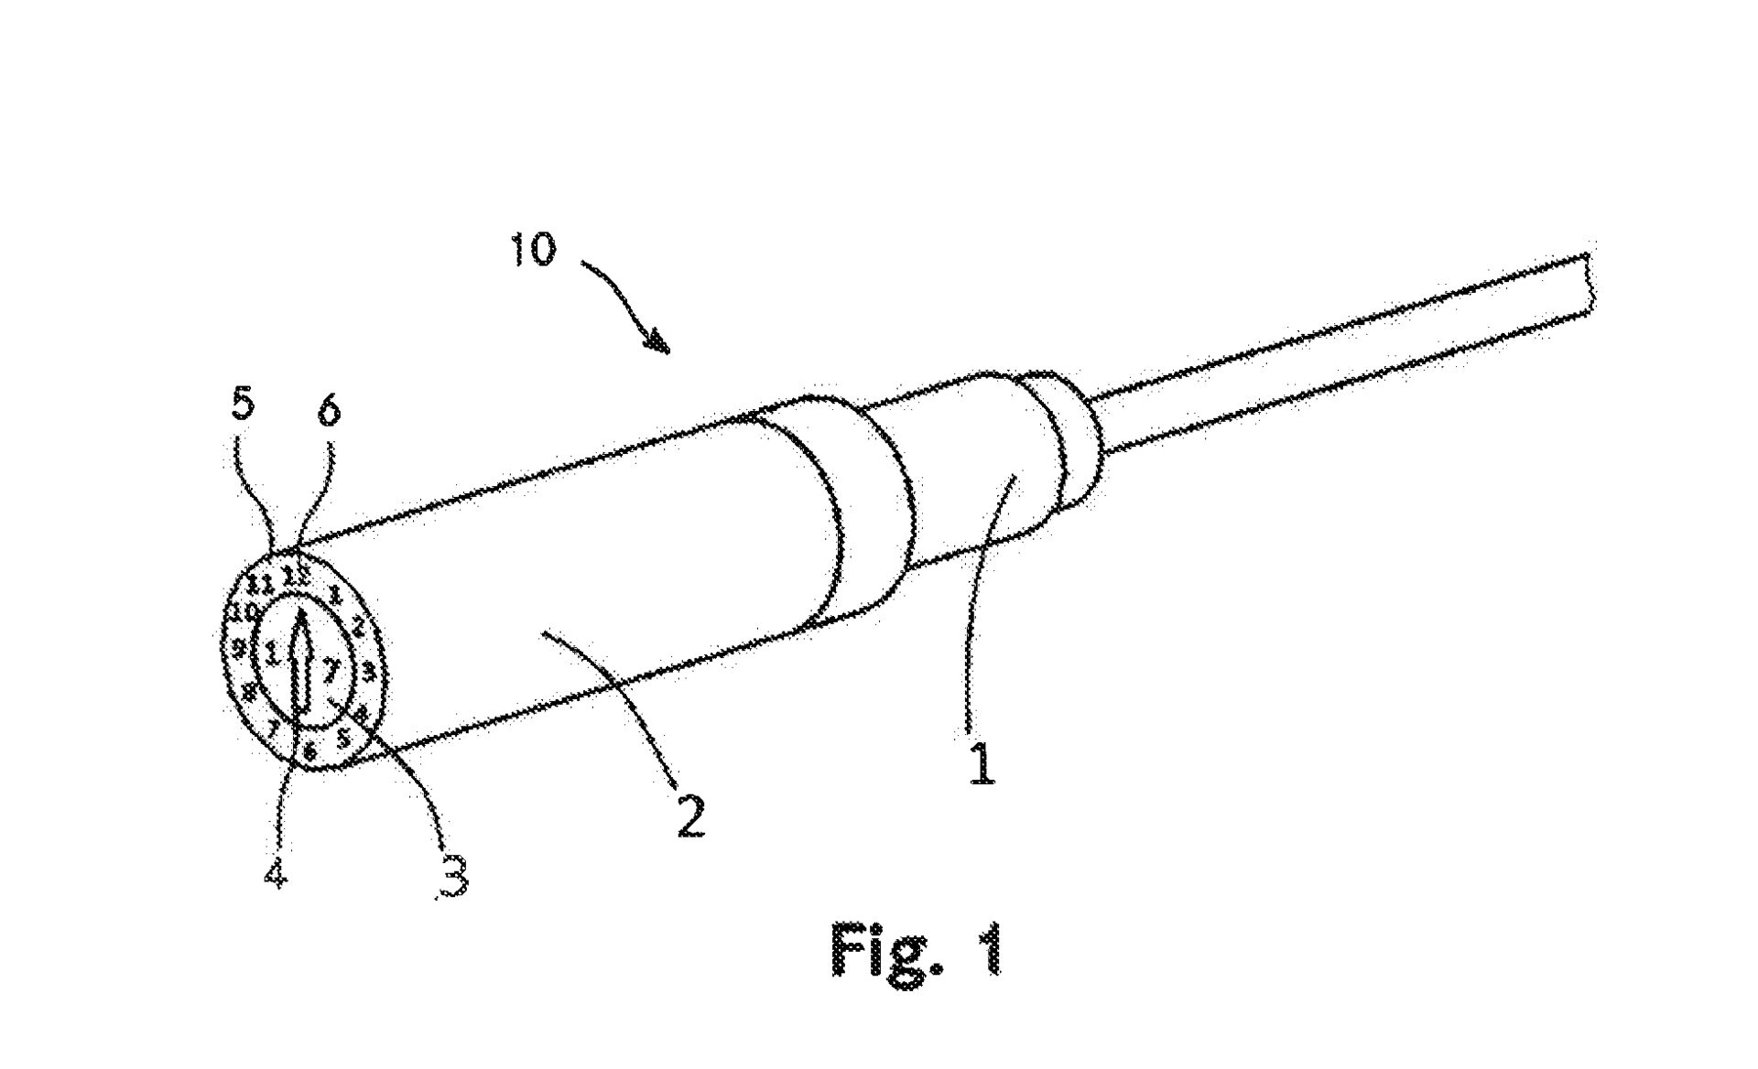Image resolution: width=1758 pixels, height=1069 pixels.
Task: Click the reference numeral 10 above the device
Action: (532, 249)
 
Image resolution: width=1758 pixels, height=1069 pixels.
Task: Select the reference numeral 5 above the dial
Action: (242, 405)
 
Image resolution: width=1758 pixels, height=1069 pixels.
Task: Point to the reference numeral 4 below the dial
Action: (276, 874)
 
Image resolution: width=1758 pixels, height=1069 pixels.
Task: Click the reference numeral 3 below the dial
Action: (452, 875)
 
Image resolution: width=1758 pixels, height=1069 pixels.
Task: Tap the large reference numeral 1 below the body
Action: (982, 763)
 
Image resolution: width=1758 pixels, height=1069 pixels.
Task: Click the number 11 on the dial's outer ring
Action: (262, 583)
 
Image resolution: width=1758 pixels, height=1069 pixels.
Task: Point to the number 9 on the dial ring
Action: (238, 649)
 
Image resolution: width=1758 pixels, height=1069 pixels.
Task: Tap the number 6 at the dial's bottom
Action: (309, 752)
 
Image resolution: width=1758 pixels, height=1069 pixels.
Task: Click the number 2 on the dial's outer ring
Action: (358, 627)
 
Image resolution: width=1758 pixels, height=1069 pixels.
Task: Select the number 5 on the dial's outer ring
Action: (344, 737)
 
